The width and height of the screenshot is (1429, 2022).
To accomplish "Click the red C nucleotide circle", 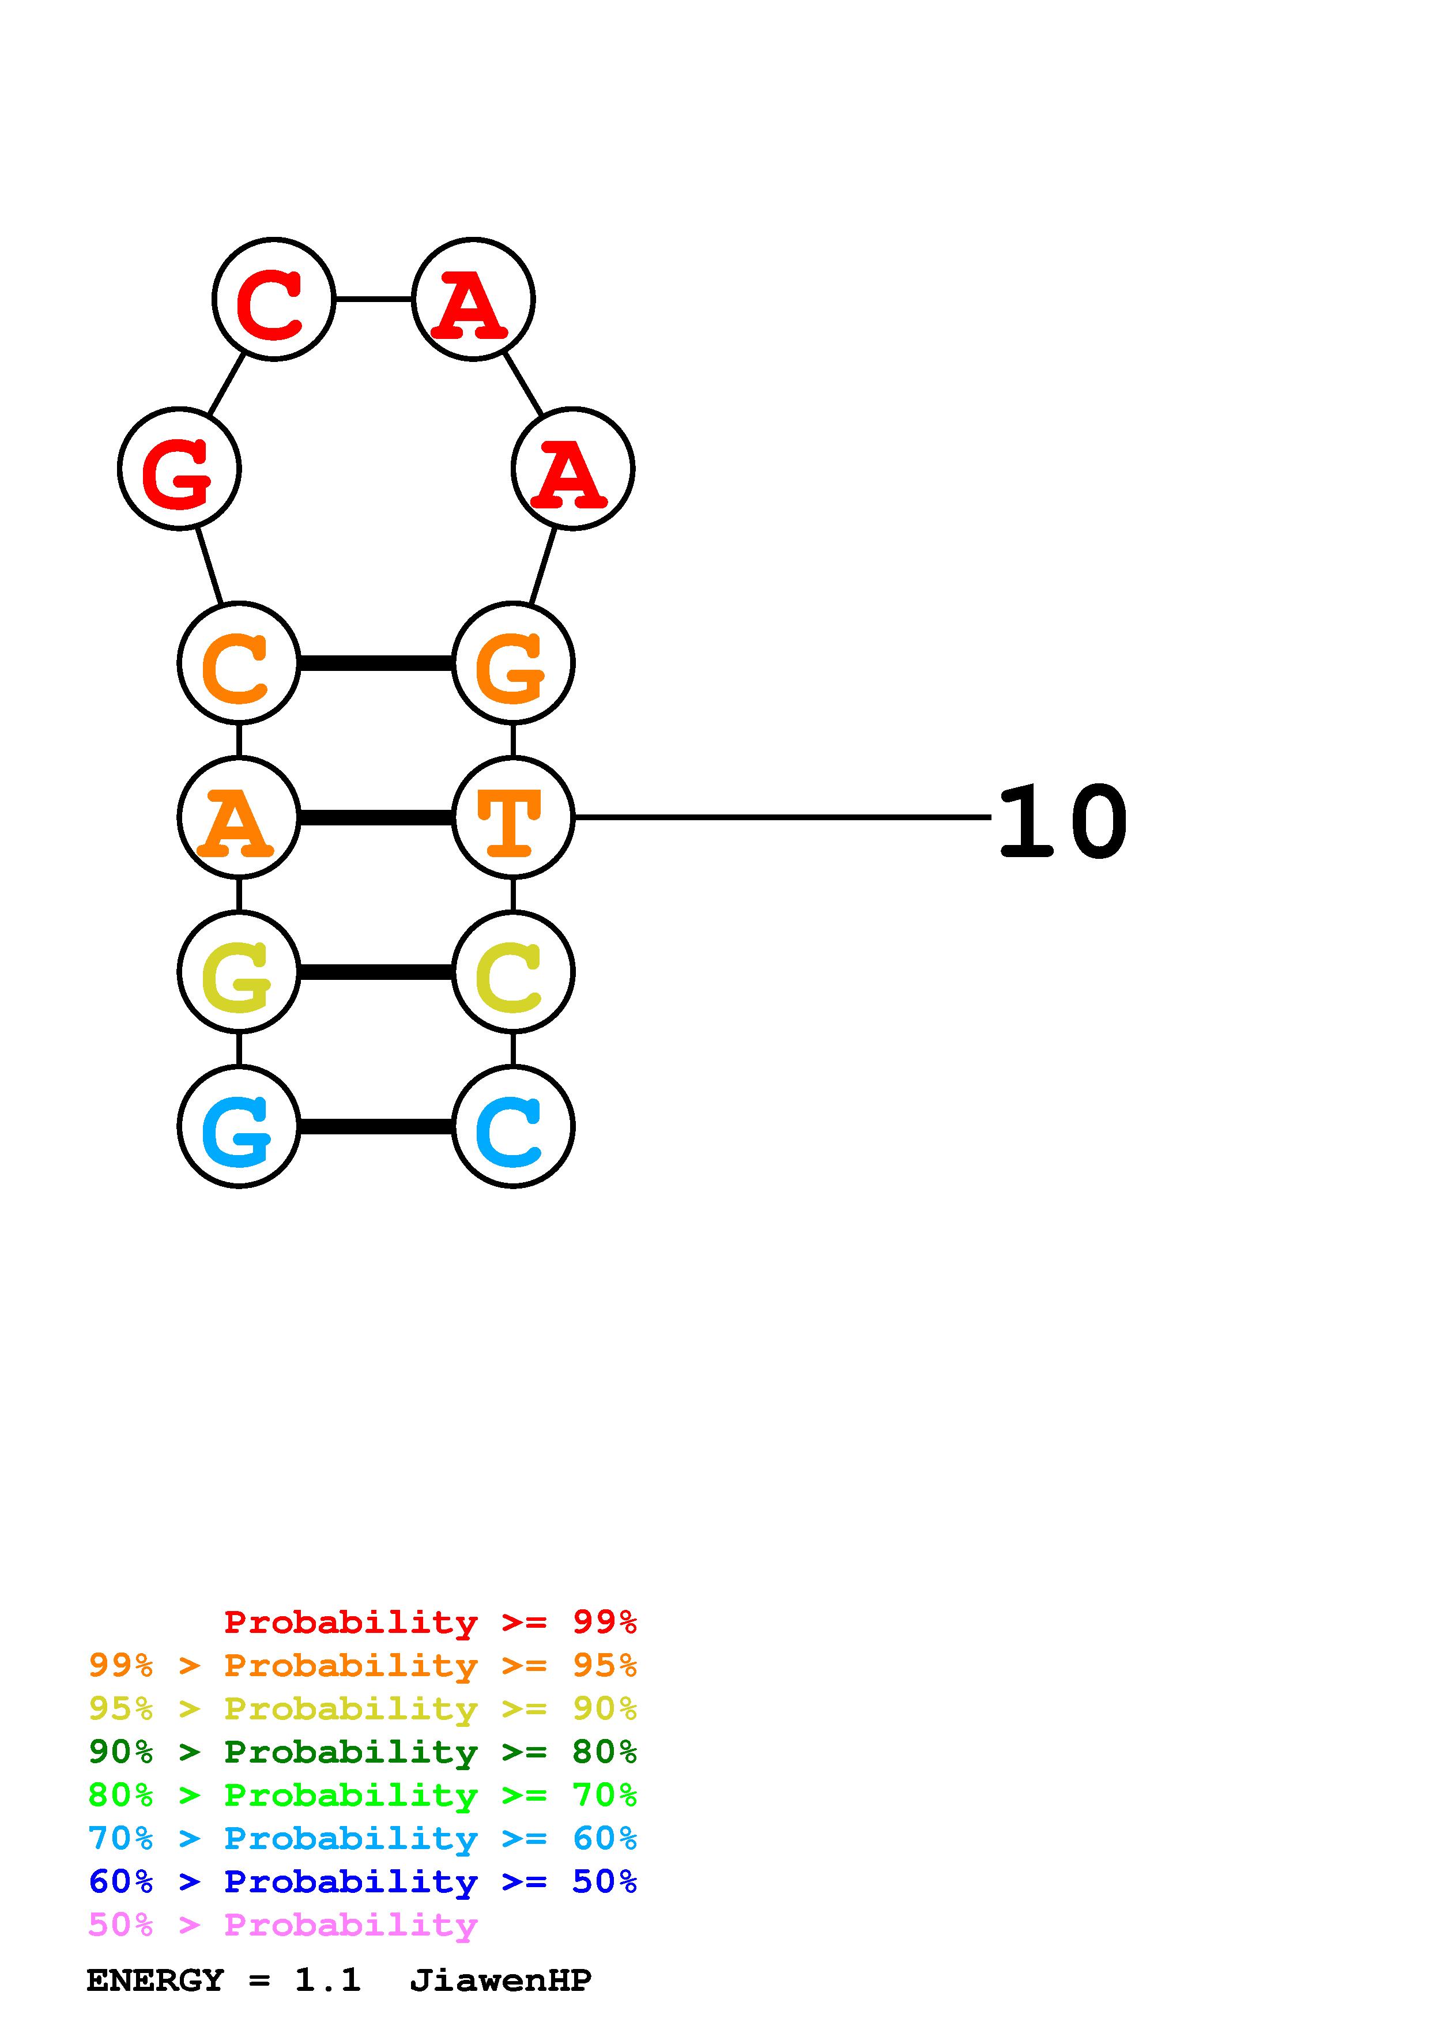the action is [x=274, y=299].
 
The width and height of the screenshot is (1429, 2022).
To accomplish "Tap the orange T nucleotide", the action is [x=512, y=817].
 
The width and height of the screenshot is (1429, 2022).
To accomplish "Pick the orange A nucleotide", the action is [x=239, y=817].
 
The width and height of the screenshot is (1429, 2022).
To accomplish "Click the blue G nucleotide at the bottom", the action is [x=239, y=1126].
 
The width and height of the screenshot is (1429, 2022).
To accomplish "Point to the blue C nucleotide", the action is [x=512, y=1126].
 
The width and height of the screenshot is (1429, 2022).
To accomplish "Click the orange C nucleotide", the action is [x=239, y=663].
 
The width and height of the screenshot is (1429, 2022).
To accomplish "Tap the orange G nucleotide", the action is [x=512, y=663].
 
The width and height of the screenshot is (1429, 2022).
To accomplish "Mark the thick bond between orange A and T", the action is [x=376, y=818].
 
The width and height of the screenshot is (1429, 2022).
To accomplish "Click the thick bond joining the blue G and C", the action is [x=376, y=1126].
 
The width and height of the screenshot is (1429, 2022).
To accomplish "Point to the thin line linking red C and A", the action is [x=374, y=299].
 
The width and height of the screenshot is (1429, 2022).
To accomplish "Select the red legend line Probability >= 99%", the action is [x=429, y=1622].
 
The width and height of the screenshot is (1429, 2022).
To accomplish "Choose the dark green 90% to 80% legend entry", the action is [x=362, y=1752].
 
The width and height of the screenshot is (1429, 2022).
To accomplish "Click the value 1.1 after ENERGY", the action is [x=327, y=1980].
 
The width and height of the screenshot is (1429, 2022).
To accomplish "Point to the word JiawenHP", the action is [x=500, y=1980].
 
